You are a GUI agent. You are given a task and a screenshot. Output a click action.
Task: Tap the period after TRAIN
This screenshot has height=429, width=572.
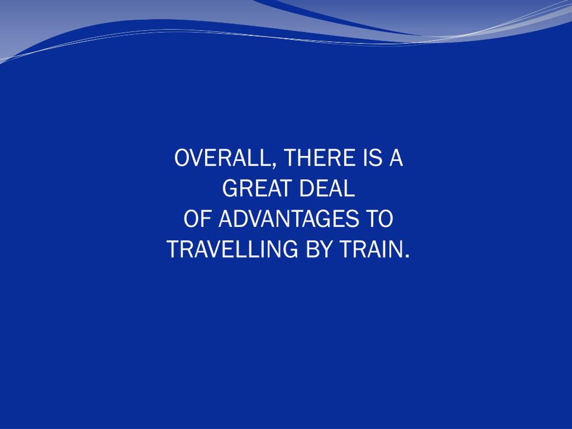408,256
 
